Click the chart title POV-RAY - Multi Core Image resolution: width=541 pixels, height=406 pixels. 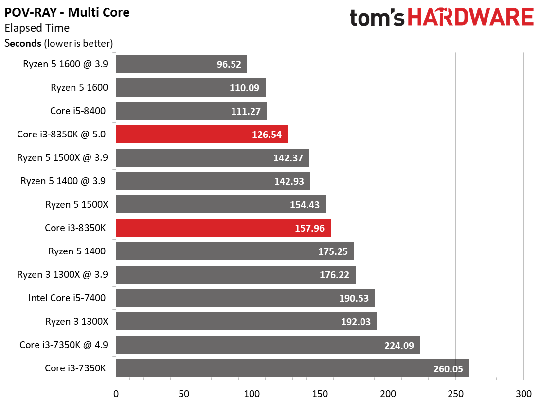point(67,12)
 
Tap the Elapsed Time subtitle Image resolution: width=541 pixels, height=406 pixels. point(37,28)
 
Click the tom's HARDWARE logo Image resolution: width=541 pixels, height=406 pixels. point(441,18)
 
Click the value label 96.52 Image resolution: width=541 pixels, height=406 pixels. point(229,64)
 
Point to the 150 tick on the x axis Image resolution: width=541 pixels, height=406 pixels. point(320,393)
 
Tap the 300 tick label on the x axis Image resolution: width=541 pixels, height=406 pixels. point(523,393)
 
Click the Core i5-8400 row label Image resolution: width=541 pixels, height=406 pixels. point(78,111)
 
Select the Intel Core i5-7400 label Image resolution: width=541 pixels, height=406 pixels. point(67,298)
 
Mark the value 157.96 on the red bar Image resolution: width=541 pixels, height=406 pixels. point(309,228)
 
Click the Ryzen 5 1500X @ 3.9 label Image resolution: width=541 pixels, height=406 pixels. point(62,158)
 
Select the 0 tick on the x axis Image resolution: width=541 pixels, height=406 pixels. point(116,393)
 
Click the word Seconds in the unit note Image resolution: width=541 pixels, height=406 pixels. point(23,43)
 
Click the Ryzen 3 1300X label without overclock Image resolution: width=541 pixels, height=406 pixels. point(76,321)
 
